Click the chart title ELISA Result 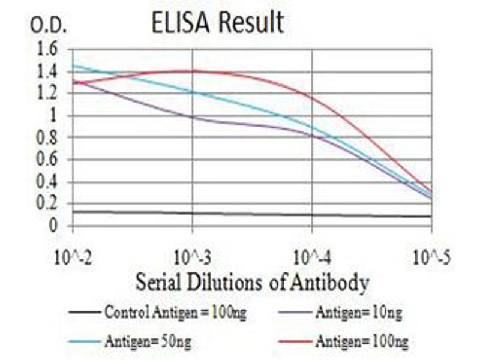[x=217, y=22]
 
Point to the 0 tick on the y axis [x=53, y=226]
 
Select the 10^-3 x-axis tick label [x=192, y=259]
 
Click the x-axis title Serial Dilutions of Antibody [x=252, y=282]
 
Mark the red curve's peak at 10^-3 [x=192, y=71]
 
